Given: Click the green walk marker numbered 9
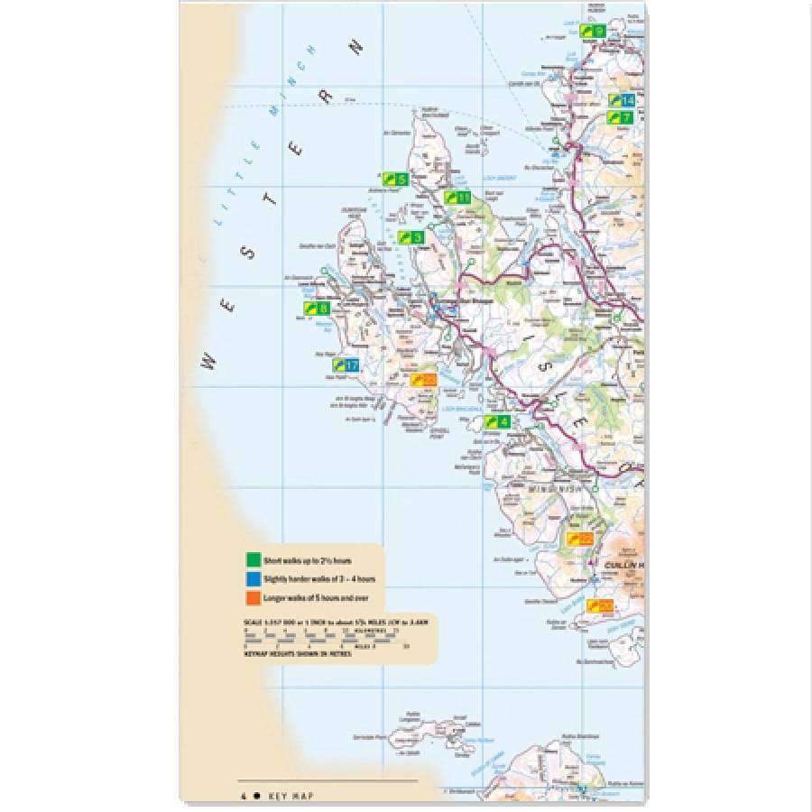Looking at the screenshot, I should pos(592,32).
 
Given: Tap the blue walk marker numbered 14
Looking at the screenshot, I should pos(622,100).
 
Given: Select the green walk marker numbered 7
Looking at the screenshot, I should pos(620,117).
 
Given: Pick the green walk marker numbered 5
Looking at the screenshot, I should pos(393,179).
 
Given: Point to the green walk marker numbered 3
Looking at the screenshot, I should pos(411,237).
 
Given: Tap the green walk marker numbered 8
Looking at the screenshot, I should pos(317,308).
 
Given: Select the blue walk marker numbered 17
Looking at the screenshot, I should pos(346,365).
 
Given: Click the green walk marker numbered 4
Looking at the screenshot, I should pos(498,421).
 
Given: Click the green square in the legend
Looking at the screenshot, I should pos(254,560).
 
